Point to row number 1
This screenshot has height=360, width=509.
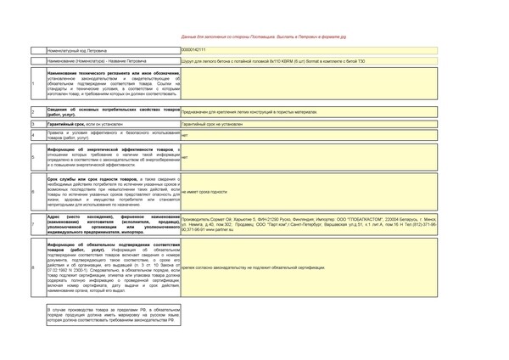coord(33,83)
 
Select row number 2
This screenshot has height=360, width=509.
coord(33,112)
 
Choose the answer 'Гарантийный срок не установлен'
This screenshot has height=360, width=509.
coord(213,124)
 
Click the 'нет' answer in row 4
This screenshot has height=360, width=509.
coord(185,135)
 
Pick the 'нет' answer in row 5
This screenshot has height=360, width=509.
coord(185,158)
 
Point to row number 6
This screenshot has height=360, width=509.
coord(33,193)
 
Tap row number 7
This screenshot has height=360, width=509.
coord(33,224)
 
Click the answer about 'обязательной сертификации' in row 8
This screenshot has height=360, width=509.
coord(254,267)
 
